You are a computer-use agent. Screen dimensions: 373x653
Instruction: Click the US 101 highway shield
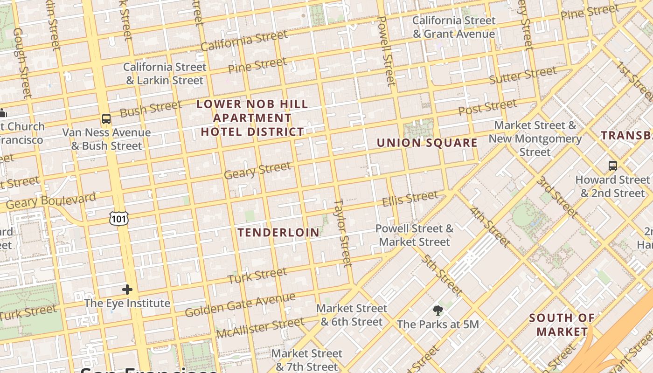point(119,218)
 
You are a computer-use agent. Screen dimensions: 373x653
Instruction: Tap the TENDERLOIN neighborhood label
point(279,232)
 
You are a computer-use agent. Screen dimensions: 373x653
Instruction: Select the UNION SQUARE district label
point(427,143)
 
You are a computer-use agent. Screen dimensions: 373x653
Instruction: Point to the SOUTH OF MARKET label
point(562,325)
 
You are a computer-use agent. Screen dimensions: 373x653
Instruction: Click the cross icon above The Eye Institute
point(127,290)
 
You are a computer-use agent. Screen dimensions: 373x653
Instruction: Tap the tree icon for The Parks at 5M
point(438,310)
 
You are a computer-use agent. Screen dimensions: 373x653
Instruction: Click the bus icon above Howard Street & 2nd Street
point(612,166)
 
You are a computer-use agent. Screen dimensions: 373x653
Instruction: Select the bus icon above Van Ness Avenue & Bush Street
point(106,119)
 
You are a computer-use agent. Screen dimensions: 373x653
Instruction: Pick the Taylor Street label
point(342,233)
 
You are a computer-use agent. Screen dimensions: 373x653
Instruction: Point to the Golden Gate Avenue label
point(240,305)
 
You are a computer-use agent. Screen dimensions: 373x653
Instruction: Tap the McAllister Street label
point(260,328)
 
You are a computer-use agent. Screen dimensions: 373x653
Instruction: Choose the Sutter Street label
point(522,75)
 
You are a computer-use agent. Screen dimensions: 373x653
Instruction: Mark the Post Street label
point(487,107)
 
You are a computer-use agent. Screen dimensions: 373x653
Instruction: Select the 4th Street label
point(490,227)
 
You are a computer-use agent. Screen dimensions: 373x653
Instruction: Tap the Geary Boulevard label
point(51,201)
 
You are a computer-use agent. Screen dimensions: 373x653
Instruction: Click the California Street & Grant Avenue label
point(453,27)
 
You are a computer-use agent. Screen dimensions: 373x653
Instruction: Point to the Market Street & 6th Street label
point(351,315)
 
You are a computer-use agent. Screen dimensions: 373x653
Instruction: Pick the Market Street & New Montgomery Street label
point(535,138)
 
